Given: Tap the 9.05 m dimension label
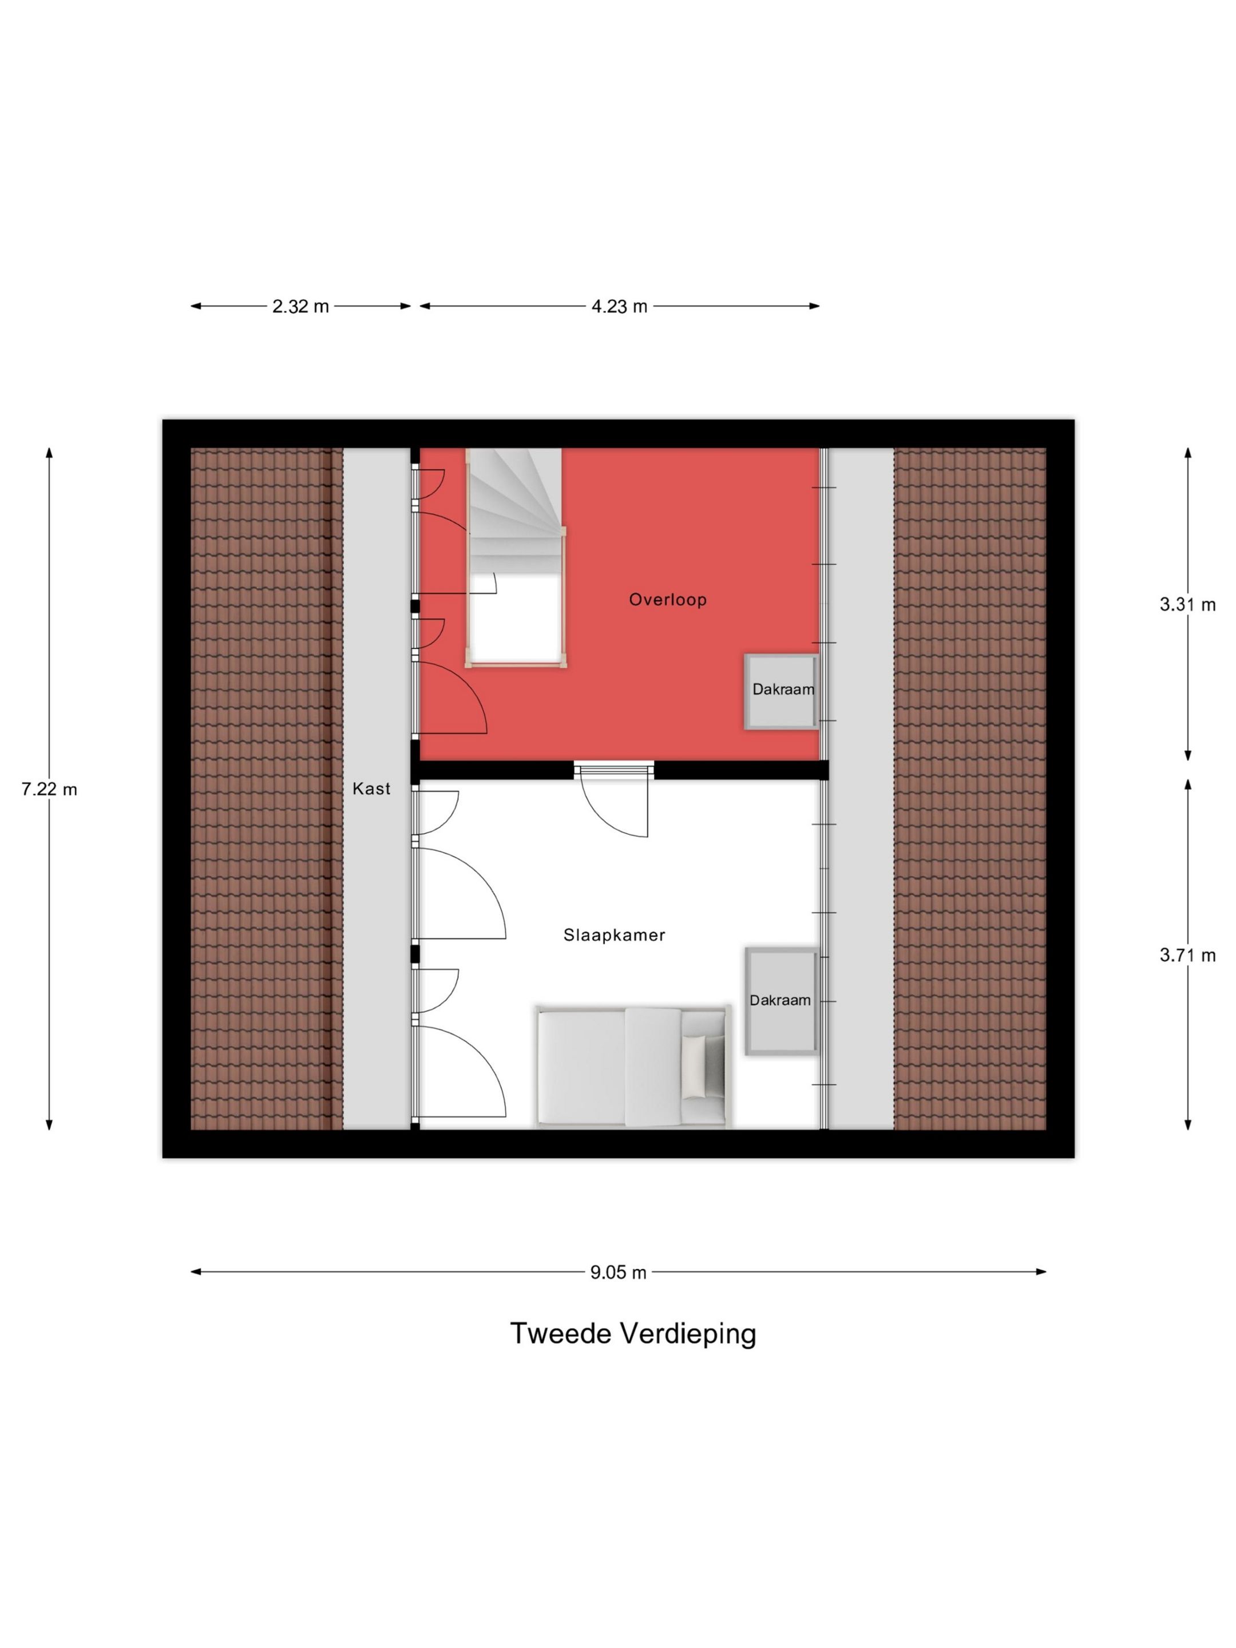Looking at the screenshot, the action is [619, 1271].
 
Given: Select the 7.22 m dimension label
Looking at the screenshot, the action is [49, 789].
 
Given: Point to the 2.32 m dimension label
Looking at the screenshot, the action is [300, 306].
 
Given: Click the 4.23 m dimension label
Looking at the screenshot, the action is [619, 306].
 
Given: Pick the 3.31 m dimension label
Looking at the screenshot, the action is [1187, 604].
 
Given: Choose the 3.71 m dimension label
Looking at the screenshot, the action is [1187, 954].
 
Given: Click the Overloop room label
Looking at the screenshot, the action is [668, 600].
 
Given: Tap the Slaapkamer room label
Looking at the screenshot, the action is [614, 936].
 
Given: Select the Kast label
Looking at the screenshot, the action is [371, 789].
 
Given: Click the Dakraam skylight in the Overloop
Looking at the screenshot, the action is [782, 691].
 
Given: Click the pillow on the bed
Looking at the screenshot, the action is [694, 1067].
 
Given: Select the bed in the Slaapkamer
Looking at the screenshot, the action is [632, 1067].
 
